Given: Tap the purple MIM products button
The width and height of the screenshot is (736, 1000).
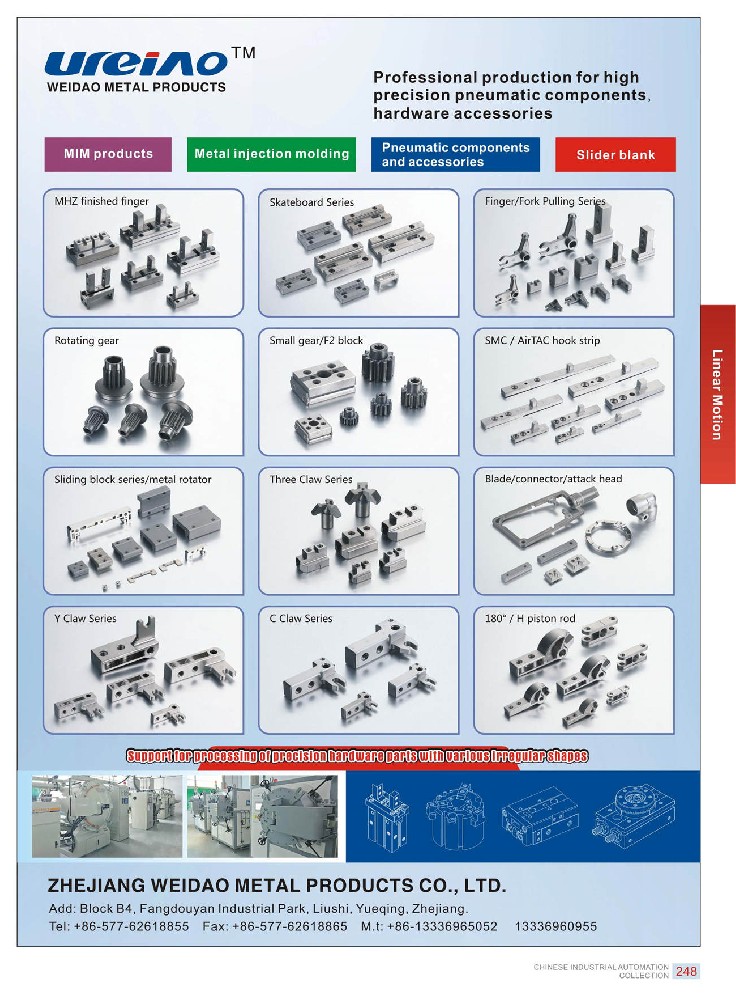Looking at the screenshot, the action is tap(108, 154).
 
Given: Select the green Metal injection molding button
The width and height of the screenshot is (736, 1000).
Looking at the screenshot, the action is tap(271, 154).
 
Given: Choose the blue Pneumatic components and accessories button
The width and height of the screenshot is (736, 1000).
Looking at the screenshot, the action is tap(455, 154).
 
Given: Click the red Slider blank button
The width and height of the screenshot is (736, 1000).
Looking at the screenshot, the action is tap(615, 154).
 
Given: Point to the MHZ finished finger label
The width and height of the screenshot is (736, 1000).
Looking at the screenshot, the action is tap(101, 202).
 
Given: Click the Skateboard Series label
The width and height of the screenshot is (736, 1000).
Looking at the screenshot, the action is tap(311, 202).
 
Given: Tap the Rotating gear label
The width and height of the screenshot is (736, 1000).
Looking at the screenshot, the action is tap(87, 341).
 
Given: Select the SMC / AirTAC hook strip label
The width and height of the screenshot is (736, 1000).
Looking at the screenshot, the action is tap(542, 341).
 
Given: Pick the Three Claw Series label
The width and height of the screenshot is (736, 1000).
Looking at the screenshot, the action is tap(311, 479).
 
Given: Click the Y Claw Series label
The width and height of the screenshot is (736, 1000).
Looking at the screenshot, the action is tap(85, 618).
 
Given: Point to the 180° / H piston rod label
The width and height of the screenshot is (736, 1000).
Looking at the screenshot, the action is tap(529, 618).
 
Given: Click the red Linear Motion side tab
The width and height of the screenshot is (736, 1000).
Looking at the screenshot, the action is tap(718, 394).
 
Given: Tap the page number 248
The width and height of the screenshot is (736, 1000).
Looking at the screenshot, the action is tap(686, 971).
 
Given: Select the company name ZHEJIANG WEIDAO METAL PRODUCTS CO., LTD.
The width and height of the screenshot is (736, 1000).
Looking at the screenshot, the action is tap(277, 885).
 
